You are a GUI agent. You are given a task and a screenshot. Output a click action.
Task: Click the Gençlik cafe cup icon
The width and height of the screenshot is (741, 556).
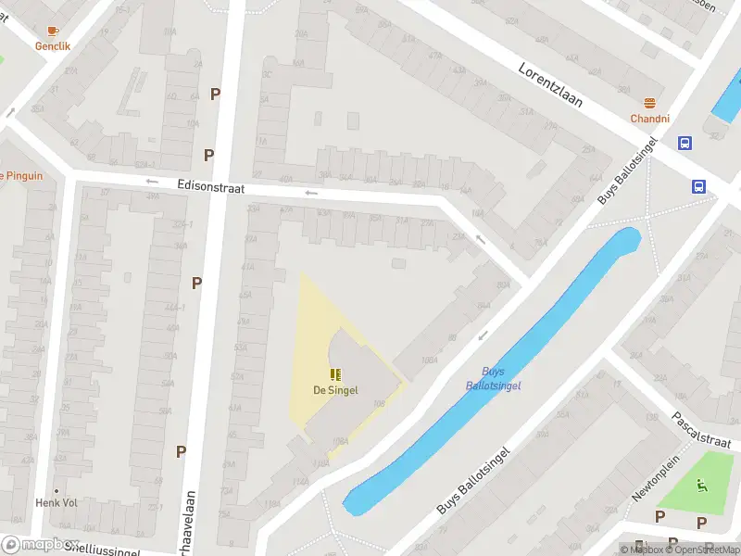[52, 32]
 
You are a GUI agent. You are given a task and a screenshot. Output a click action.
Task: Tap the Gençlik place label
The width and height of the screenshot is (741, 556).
[52, 45]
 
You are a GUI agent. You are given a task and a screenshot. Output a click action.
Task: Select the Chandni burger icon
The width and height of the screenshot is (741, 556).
[649, 104]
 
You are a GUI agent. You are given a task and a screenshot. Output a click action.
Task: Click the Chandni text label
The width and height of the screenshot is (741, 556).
[649, 119]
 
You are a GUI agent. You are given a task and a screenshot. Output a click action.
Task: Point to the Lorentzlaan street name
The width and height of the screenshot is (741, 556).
[550, 84]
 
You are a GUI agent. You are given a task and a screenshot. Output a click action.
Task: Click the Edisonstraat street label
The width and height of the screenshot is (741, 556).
[210, 187]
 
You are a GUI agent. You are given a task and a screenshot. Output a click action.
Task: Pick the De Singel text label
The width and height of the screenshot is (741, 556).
[335, 391]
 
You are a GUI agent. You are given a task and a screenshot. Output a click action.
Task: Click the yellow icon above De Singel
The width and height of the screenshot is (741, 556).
[335, 375]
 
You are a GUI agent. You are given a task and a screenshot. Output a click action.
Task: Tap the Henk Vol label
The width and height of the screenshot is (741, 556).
[56, 502]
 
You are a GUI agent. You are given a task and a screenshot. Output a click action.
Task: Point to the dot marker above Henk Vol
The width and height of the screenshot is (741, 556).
[56, 491]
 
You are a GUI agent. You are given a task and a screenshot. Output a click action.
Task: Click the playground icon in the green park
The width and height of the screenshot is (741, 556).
[701, 484]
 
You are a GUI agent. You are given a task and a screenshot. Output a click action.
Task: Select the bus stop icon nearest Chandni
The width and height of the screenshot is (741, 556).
[685, 143]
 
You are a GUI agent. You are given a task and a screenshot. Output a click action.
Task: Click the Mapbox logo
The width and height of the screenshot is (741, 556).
[39, 545]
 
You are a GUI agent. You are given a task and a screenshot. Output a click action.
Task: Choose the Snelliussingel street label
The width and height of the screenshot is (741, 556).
[102, 550]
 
